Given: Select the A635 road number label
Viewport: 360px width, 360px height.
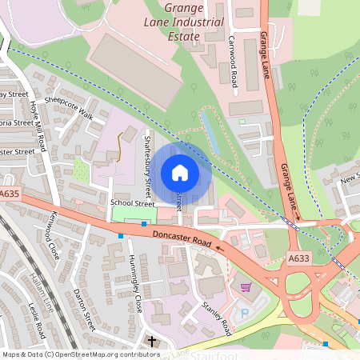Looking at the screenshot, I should tap(10, 194).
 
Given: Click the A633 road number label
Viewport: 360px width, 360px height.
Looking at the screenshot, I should tap(300, 258).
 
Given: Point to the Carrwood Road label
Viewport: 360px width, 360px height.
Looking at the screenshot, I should tap(234, 50).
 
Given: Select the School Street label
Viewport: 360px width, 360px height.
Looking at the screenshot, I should tap(132, 203).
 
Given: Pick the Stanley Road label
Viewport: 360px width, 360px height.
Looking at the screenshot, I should tap(216, 314).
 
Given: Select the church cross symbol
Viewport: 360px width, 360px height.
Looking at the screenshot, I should tap(151, 342).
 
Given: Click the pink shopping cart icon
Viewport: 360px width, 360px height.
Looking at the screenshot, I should tap(246, 286).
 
